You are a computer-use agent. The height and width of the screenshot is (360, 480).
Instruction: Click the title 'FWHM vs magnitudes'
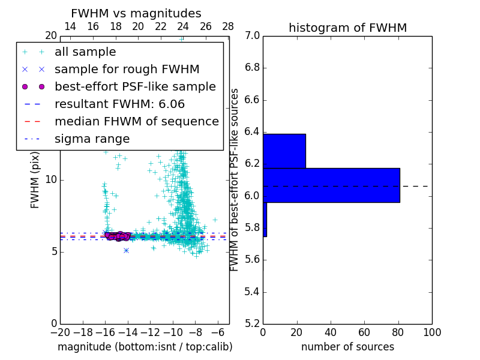point(136,13)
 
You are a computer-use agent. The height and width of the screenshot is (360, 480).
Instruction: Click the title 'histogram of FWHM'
point(347,28)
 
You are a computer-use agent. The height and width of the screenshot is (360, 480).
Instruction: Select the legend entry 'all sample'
point(85,52)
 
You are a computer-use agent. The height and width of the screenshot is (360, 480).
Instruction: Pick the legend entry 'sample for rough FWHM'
point(127,70)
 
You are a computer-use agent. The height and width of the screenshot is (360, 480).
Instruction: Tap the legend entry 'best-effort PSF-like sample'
point(135,87)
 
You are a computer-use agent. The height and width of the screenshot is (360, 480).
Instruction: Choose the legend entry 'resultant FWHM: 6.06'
point(119,104)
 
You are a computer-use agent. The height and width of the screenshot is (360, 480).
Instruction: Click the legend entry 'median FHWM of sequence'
point(136,122)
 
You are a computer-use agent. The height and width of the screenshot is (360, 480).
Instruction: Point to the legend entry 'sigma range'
point(92,139)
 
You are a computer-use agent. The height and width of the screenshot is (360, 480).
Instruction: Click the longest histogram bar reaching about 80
point(331,185)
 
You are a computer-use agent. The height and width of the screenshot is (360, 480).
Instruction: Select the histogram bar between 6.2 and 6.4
point(284,151)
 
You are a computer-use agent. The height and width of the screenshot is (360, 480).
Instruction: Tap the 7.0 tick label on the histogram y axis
point(252,36)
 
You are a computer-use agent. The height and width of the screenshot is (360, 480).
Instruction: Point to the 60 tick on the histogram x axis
point(364,332)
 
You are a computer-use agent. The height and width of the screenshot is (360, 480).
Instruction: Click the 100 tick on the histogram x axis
point(431,332)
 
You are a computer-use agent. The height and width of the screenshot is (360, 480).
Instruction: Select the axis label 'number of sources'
point(347,347)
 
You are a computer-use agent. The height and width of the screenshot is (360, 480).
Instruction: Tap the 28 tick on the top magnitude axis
point(228,27)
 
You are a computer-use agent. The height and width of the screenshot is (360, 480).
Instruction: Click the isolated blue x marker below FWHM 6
point(126,250)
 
